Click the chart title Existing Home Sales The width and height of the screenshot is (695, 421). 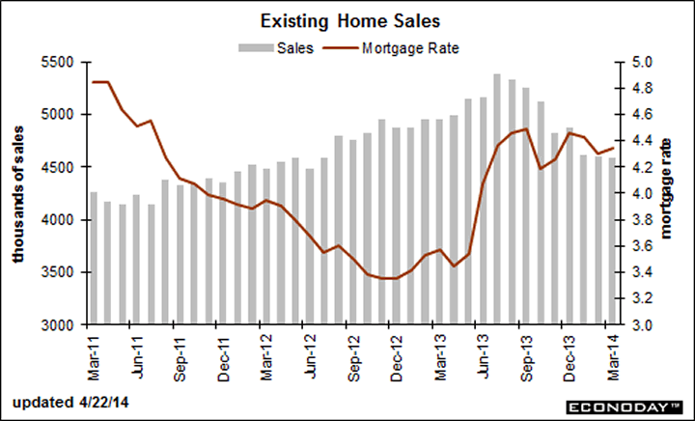click(x=347, y=20)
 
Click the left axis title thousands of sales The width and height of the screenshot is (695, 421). click(x=18, y=193)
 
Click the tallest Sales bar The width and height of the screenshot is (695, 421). click(x=496, y=200)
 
